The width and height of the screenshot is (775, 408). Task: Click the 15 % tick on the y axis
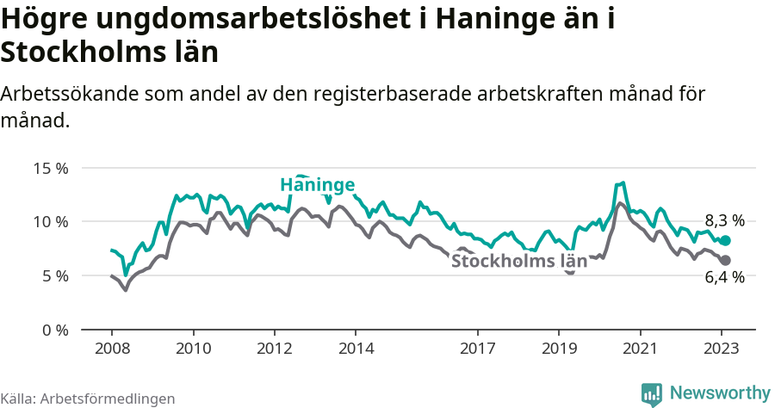[51, 168]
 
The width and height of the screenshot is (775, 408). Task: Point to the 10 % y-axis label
[51, 222]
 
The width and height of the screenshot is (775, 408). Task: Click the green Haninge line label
[318, 186]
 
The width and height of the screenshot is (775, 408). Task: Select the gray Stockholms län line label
[519, 262]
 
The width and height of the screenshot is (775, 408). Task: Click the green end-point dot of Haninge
[725, 241]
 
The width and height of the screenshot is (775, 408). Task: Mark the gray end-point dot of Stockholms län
[725, 260]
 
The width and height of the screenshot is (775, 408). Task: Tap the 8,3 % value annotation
[724, 220]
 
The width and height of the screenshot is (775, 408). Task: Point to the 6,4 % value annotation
[724, 277]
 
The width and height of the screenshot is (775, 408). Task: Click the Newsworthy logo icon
[652, 393]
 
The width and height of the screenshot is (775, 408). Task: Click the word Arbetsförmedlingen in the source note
[108, 399]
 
